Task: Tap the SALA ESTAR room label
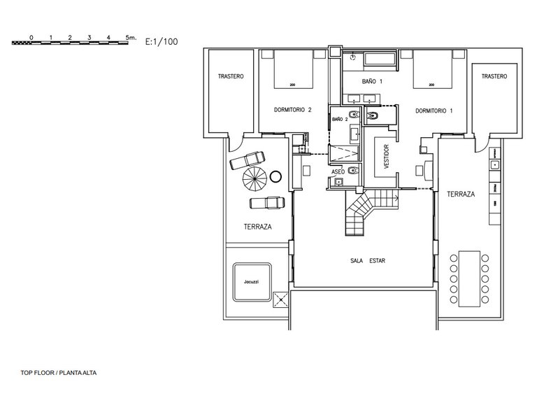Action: [368, 260]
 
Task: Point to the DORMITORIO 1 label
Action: [434, 110]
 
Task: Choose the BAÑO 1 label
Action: [372, 82]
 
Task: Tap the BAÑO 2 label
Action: [340, 120]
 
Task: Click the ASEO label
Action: [338, 171]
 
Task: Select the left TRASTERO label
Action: [230, 76]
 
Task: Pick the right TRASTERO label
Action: [494, 76]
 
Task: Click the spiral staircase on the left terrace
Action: [255, 181]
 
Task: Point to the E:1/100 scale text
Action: [162, 41]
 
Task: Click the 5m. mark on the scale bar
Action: [131, 35]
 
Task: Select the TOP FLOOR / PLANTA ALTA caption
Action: [59, 373]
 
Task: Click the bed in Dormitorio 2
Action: [292, 73]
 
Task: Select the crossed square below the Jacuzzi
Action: [282, 300]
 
